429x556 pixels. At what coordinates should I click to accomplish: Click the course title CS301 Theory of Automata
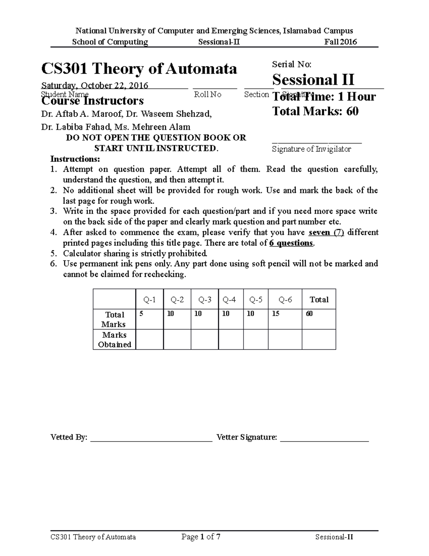139,68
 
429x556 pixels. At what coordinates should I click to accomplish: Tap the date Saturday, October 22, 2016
95,86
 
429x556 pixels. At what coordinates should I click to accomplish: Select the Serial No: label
292,64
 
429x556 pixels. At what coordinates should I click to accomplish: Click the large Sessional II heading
313,79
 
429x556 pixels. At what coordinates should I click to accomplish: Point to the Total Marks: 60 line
315,111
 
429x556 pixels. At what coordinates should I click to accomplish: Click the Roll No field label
207,95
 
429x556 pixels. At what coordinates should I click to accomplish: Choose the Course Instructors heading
93,101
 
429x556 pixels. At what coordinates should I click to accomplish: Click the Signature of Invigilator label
311,149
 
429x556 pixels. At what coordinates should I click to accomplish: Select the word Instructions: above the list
75,159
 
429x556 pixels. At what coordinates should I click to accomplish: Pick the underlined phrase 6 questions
291,243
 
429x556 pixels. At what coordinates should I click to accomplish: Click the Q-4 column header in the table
229,300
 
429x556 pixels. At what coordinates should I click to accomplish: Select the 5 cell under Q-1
141,314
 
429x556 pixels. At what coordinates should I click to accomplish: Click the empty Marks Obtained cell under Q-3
204,339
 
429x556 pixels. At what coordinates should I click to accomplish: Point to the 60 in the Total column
309,314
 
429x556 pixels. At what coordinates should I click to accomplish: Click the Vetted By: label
69,437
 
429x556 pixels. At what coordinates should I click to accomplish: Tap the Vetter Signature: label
247,437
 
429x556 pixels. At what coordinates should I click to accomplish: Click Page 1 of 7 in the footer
201,537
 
